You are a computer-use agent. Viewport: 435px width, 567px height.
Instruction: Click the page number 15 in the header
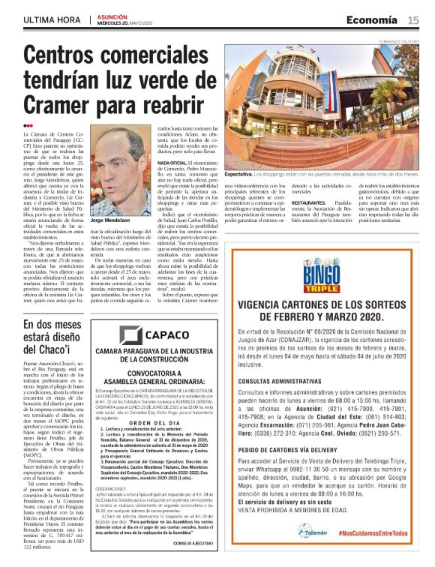(x=413, y=19)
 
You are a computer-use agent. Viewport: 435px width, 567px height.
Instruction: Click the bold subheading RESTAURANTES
(x=307, y=202)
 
